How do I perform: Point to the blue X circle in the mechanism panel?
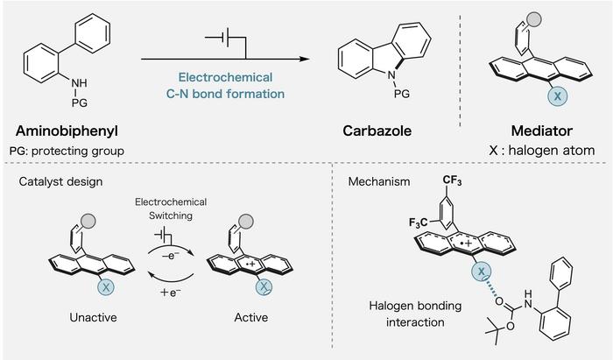[483, 274]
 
